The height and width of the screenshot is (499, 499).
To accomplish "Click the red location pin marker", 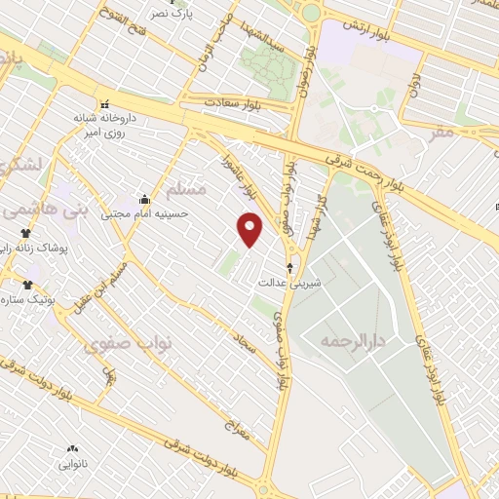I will [251, 229].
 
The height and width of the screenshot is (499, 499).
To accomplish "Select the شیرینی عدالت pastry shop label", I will [284, 283].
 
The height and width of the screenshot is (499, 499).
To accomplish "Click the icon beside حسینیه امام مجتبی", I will [145, 199].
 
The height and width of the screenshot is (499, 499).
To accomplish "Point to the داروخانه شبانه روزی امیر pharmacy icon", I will [103, 104].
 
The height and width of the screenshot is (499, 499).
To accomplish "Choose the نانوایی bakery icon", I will [71, 449].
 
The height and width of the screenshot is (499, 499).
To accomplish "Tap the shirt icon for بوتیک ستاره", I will [26, 285].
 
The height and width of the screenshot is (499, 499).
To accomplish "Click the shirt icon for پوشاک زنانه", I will [26, 233].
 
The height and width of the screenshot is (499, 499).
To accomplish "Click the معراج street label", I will [237, 430].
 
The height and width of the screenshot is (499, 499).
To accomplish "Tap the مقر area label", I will [443, 132].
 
